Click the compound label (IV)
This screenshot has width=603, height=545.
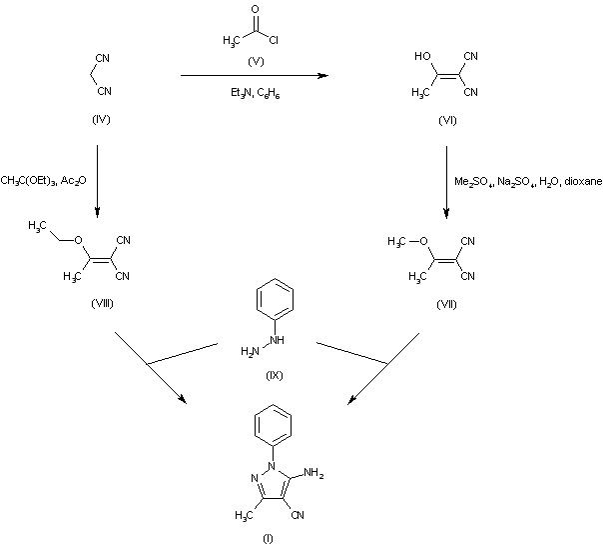[x=101, y=119]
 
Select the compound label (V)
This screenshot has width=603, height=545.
[x=256, y=61]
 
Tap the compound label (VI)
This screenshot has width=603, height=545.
[x=447, y=121]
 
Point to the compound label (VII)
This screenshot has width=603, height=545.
[x=446, y=305]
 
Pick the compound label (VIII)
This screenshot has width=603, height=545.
[x=102, y=304]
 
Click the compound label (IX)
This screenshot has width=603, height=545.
[x=275, y=375]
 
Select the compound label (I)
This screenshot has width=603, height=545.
[x=268, y=538]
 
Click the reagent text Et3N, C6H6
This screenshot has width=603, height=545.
[x=255, y=93]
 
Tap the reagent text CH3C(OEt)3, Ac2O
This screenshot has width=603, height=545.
[x=44, y=180]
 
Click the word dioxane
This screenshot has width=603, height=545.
[x=583, y=181]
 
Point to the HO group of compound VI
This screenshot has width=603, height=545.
[x=422, y=56]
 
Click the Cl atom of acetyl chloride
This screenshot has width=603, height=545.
[x=274, y=40]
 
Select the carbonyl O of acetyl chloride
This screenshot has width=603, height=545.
[x=255, y=9]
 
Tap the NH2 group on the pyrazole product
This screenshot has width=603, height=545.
[x=313, y=473]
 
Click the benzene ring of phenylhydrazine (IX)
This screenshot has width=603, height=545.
[x=275, y=298]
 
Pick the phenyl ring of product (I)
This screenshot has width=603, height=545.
[x=273, y=425]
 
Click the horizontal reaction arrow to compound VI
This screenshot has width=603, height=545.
[x=255, y=75]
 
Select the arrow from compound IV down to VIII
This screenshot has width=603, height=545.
[x=97, y=181]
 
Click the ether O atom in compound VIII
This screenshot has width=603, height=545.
[x=79, y=240]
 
